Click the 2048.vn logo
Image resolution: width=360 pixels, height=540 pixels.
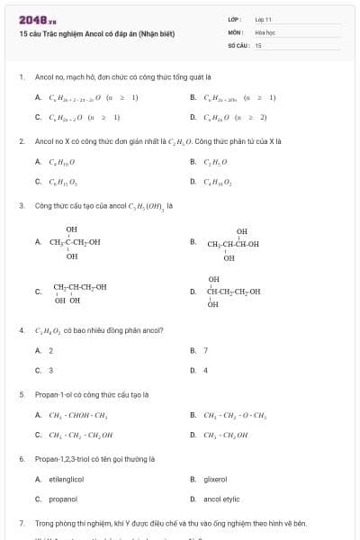(x=35, y=18)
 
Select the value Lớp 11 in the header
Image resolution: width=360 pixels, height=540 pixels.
(x=263, y=18)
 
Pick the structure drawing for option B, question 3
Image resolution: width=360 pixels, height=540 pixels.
(x=232, y=244)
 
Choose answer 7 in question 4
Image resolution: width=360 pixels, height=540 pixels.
(x=205, y=350)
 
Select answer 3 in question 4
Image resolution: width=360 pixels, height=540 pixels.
(x=50, y=370)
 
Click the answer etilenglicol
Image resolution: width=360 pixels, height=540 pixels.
(x=66, y=480)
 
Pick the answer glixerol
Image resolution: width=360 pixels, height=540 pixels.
(x=215, y=480)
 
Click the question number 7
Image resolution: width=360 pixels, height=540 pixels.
(x=21, y=523)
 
